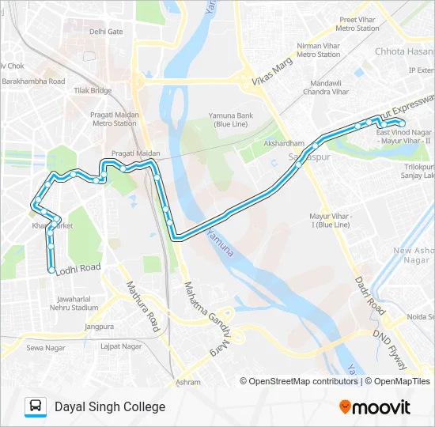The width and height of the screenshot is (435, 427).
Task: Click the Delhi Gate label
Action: pyautogui.click(x=107, y=32)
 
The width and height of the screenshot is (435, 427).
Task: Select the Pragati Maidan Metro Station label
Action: pyautogui.click(x=115, y=119)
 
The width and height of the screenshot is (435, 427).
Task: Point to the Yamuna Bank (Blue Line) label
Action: pyautogui.click(x=230, y=119)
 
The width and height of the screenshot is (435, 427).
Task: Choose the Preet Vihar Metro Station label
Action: pyautogui.click(x=358, y=24)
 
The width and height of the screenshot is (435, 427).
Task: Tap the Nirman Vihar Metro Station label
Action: pyautogui.click(x=318, y=50)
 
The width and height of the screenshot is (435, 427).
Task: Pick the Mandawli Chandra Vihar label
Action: pyautogui.click(x=330, y=87)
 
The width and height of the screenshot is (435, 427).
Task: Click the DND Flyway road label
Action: pyautogui.click(x=393, y=351)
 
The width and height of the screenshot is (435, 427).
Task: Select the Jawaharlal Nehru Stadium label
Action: pyautogui.click(x=77, y=304)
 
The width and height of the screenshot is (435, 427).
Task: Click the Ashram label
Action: pyautogui.click(x=189, y=382)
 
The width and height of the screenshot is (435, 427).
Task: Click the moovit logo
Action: pyautogui.click(x=375, y=407)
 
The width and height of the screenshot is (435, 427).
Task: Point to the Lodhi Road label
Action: pyautogui.click(x=80, y=269)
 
